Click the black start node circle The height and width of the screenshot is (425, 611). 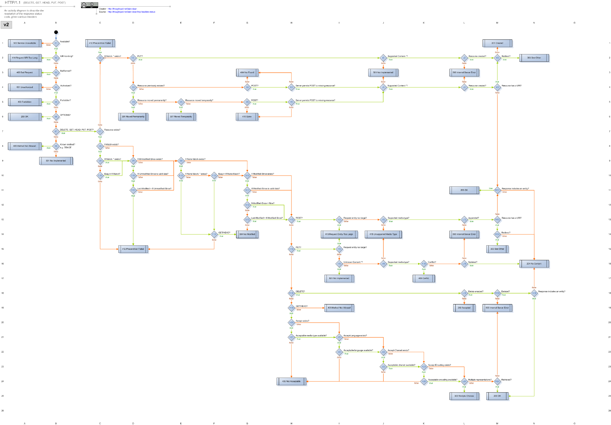tap(56, 32)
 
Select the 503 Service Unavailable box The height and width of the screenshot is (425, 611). tap(25, 43)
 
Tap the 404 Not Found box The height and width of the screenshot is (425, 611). tap(247, 73)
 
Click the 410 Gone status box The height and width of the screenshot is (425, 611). tap(247, 117)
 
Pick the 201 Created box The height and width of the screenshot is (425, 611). tap(497, 43)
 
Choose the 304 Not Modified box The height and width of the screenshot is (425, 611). tap(247, 234)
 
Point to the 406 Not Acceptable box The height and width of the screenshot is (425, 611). tap(291, 381)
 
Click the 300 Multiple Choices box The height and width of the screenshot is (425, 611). tap(464, 396)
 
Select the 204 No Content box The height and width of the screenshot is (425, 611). tap(534, 264)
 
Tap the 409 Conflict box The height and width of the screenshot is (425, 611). tap(424, 278)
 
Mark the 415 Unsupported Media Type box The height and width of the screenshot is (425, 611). tap(383, 234)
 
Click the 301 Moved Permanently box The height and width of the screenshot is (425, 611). tap(133, 117)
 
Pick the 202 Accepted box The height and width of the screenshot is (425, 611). tap(464, 308)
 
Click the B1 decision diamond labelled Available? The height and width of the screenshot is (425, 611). tap(56, 43)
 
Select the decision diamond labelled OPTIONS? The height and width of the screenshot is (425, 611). tap(56, 117)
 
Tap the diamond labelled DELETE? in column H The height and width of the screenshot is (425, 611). tap(291, 293)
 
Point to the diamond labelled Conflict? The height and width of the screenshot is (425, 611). tap(424, 264)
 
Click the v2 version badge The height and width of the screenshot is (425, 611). tap(6, 25)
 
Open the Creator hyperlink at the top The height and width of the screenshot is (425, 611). tap(122, 9)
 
